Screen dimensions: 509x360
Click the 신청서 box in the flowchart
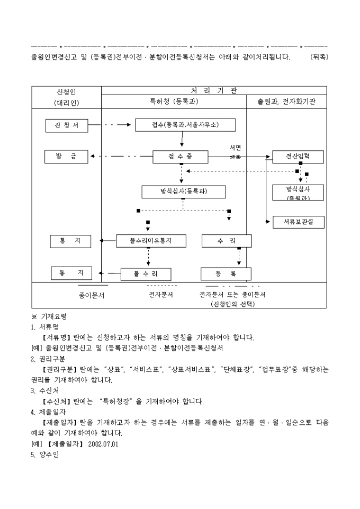tap(66, 125)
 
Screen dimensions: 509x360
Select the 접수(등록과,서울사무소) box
tap(185, 125)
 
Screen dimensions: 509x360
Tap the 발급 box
tap(66, 156)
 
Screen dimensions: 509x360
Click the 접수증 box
tap(181, 157)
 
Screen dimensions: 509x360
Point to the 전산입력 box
tap(298, 157)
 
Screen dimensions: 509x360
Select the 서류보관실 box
tap(298, 222)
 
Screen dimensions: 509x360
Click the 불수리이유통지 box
tap(151, 241)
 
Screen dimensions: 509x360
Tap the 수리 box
tap(226, 241)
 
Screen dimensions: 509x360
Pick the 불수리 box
tap(146, 274)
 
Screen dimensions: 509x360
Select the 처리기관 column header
tap(214, 90)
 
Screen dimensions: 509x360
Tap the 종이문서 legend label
tap(92, 295)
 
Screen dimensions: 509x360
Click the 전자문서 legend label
tap(160, 295)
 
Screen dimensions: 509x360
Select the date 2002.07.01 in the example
tap(103, 444)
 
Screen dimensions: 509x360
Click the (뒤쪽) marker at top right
tap(319, 57)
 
